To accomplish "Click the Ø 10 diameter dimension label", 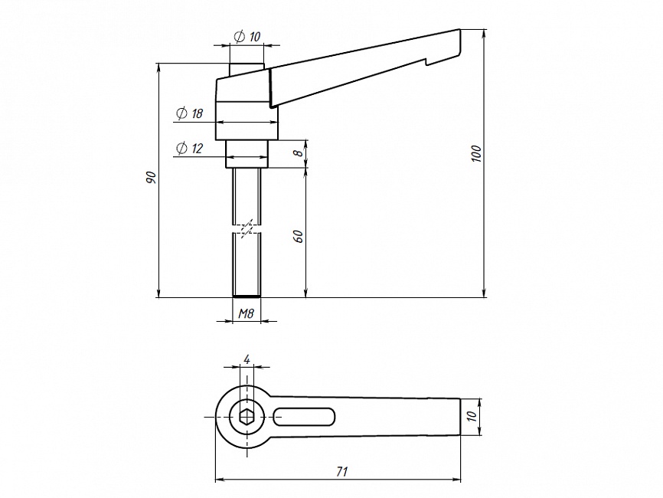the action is click(x=247, y=37).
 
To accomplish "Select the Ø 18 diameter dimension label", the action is click(x=189, y=113).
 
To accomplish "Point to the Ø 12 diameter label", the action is click(x=189, y=149).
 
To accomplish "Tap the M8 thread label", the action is click(x=246, y=313).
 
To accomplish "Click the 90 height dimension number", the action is click(x=151, y=178).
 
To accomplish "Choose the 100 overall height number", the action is click(x=476, y=153).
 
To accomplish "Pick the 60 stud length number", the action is click(x=298, y=237).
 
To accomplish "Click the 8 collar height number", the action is click(x=299, y=152).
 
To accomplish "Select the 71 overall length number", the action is click(x=341, y=471).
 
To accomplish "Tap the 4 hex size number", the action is click(x=247, y=359).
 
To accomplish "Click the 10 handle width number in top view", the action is click(x=472, y=416).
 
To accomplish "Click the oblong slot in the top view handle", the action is click(x=304, y=417).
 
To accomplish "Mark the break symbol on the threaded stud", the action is click(x=247, y=228).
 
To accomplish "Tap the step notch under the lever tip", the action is click(x=427, y=62).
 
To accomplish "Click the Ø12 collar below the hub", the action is click(x=247, y=154).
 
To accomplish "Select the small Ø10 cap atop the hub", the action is click(x=247, y=70).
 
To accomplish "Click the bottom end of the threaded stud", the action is click(x=247, y=297).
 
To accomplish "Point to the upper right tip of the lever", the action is click(x=459, y=29).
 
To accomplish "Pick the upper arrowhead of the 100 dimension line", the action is click(x=485, y=33).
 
